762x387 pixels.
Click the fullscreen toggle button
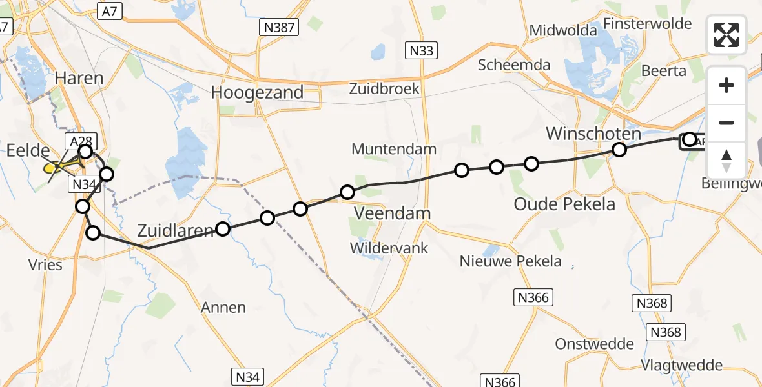click(726, 35)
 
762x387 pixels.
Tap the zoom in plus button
click(726, 85)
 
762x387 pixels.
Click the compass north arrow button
click(726, 161)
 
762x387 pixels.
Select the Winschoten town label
click(593, 134)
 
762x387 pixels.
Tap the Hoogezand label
click(257, 92)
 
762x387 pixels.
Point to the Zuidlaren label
click(174, 230)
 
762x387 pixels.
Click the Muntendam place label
click(394, 150)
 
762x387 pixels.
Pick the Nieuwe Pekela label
click(510, 261)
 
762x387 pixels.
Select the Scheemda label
click(514, 64)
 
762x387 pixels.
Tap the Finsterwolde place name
click(647, 24)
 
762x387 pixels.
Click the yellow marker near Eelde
click(52, 168)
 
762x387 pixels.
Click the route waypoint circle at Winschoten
click(619, 150)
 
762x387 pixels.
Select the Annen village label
click(223, 307)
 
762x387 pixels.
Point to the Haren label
click(79, 79)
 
